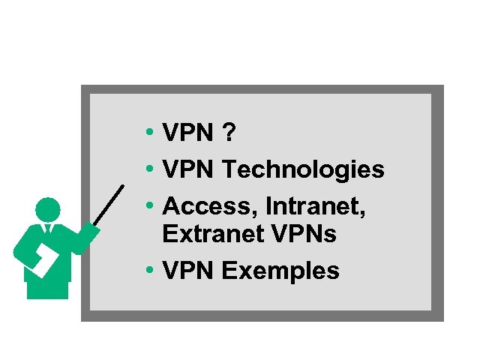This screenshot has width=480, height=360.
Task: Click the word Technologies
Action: click(x=304, y=170)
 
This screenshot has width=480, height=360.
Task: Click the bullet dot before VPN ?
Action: click(x=151, y=133)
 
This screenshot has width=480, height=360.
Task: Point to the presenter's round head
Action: click(x=48, y=209)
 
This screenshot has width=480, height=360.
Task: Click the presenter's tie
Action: click(x=49, y=229)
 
